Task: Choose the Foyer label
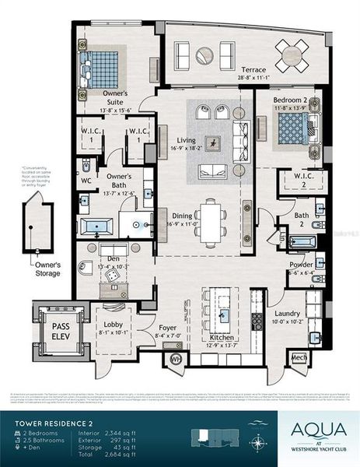(169, 329)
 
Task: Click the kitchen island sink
(223, 314)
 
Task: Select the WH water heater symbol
(176, 359)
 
